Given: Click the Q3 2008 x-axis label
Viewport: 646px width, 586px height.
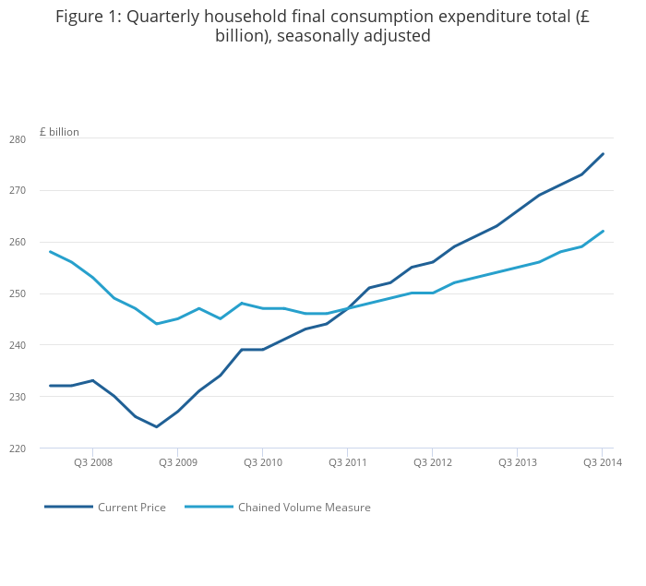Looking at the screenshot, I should click(93, 462).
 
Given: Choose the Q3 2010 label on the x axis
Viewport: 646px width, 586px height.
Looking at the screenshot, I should click(262, 462).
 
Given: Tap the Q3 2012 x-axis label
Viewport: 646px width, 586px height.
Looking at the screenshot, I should click(432, 462).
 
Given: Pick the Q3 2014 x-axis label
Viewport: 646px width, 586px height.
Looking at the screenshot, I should click(602, 462).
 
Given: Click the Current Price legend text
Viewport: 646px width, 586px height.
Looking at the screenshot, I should click(132, 508).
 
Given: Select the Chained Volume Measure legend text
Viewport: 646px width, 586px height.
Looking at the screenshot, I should click(304, 508).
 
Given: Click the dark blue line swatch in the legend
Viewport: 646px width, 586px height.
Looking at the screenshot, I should click(68, 507).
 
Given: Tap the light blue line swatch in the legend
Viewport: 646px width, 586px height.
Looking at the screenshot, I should click(209, 507).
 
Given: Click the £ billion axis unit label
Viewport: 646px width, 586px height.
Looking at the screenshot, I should click(59, 132).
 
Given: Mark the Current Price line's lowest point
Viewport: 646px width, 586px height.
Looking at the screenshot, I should click(157, 426).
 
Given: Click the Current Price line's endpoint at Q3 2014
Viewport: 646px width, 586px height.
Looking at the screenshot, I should click(603, 154).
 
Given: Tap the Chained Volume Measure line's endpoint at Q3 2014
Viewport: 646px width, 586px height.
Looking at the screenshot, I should click(603, 232).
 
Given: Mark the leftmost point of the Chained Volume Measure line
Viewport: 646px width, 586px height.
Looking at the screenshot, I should click(50, 252).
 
